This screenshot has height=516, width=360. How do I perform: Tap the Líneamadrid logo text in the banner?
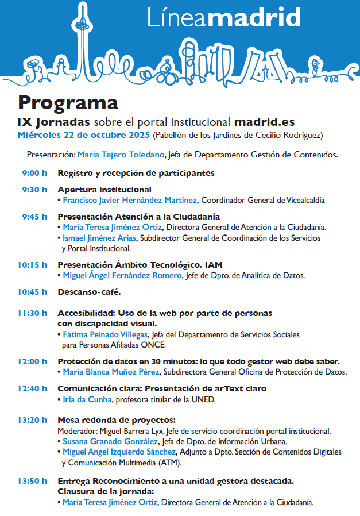[x=223, y=18]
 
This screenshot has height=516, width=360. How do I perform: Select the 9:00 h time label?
[x=34, y=173]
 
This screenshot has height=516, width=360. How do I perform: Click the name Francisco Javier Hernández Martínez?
[x=130, y=200]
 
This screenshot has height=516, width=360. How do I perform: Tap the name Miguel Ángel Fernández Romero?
[x=122, y=276]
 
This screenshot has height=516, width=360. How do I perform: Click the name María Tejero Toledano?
[x=121, y=155]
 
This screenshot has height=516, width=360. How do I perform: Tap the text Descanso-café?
[x=89, y=292]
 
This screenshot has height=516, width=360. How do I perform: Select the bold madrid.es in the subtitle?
[x=265, y=122]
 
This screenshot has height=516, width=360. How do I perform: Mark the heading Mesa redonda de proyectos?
[x=117, y=420]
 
